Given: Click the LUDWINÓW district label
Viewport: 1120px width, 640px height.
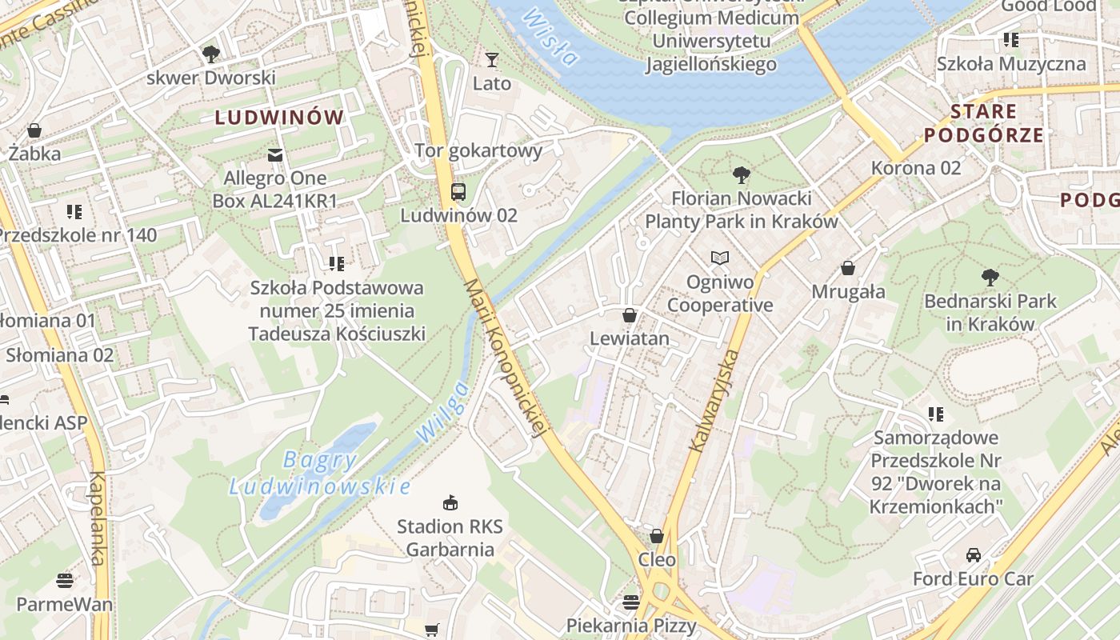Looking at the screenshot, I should click(279, 118).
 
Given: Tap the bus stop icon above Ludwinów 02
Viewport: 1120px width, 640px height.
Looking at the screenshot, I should click(458, 192).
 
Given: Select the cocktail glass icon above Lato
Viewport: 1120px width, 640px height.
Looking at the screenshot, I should click(491, 60).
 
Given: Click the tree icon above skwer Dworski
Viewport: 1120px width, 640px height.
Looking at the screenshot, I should click(210, 54).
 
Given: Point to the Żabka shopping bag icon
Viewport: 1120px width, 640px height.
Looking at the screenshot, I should click(34, 130).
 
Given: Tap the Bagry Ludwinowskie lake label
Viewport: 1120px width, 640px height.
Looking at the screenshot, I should click(320, 473).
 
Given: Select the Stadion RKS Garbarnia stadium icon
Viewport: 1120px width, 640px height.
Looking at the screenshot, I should click(450, 502).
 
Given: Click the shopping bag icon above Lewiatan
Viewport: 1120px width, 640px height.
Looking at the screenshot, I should click(630, 315).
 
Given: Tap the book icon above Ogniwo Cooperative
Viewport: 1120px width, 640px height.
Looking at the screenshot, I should click(720, 258).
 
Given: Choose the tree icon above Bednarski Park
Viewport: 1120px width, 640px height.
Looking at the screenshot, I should click(990, 278).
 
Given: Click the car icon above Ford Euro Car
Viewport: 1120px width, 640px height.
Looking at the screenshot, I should click(973, 554).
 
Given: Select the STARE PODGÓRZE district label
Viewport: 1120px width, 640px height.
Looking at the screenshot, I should click(984, 123).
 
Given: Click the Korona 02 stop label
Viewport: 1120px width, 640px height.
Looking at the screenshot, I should click(916, 168).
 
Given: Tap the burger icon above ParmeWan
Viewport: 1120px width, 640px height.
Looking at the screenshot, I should click(65, 580).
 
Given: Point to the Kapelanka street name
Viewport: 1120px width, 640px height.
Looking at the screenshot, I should click(97, 518).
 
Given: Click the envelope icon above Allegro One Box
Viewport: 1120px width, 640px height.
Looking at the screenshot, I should click(275, 154).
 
